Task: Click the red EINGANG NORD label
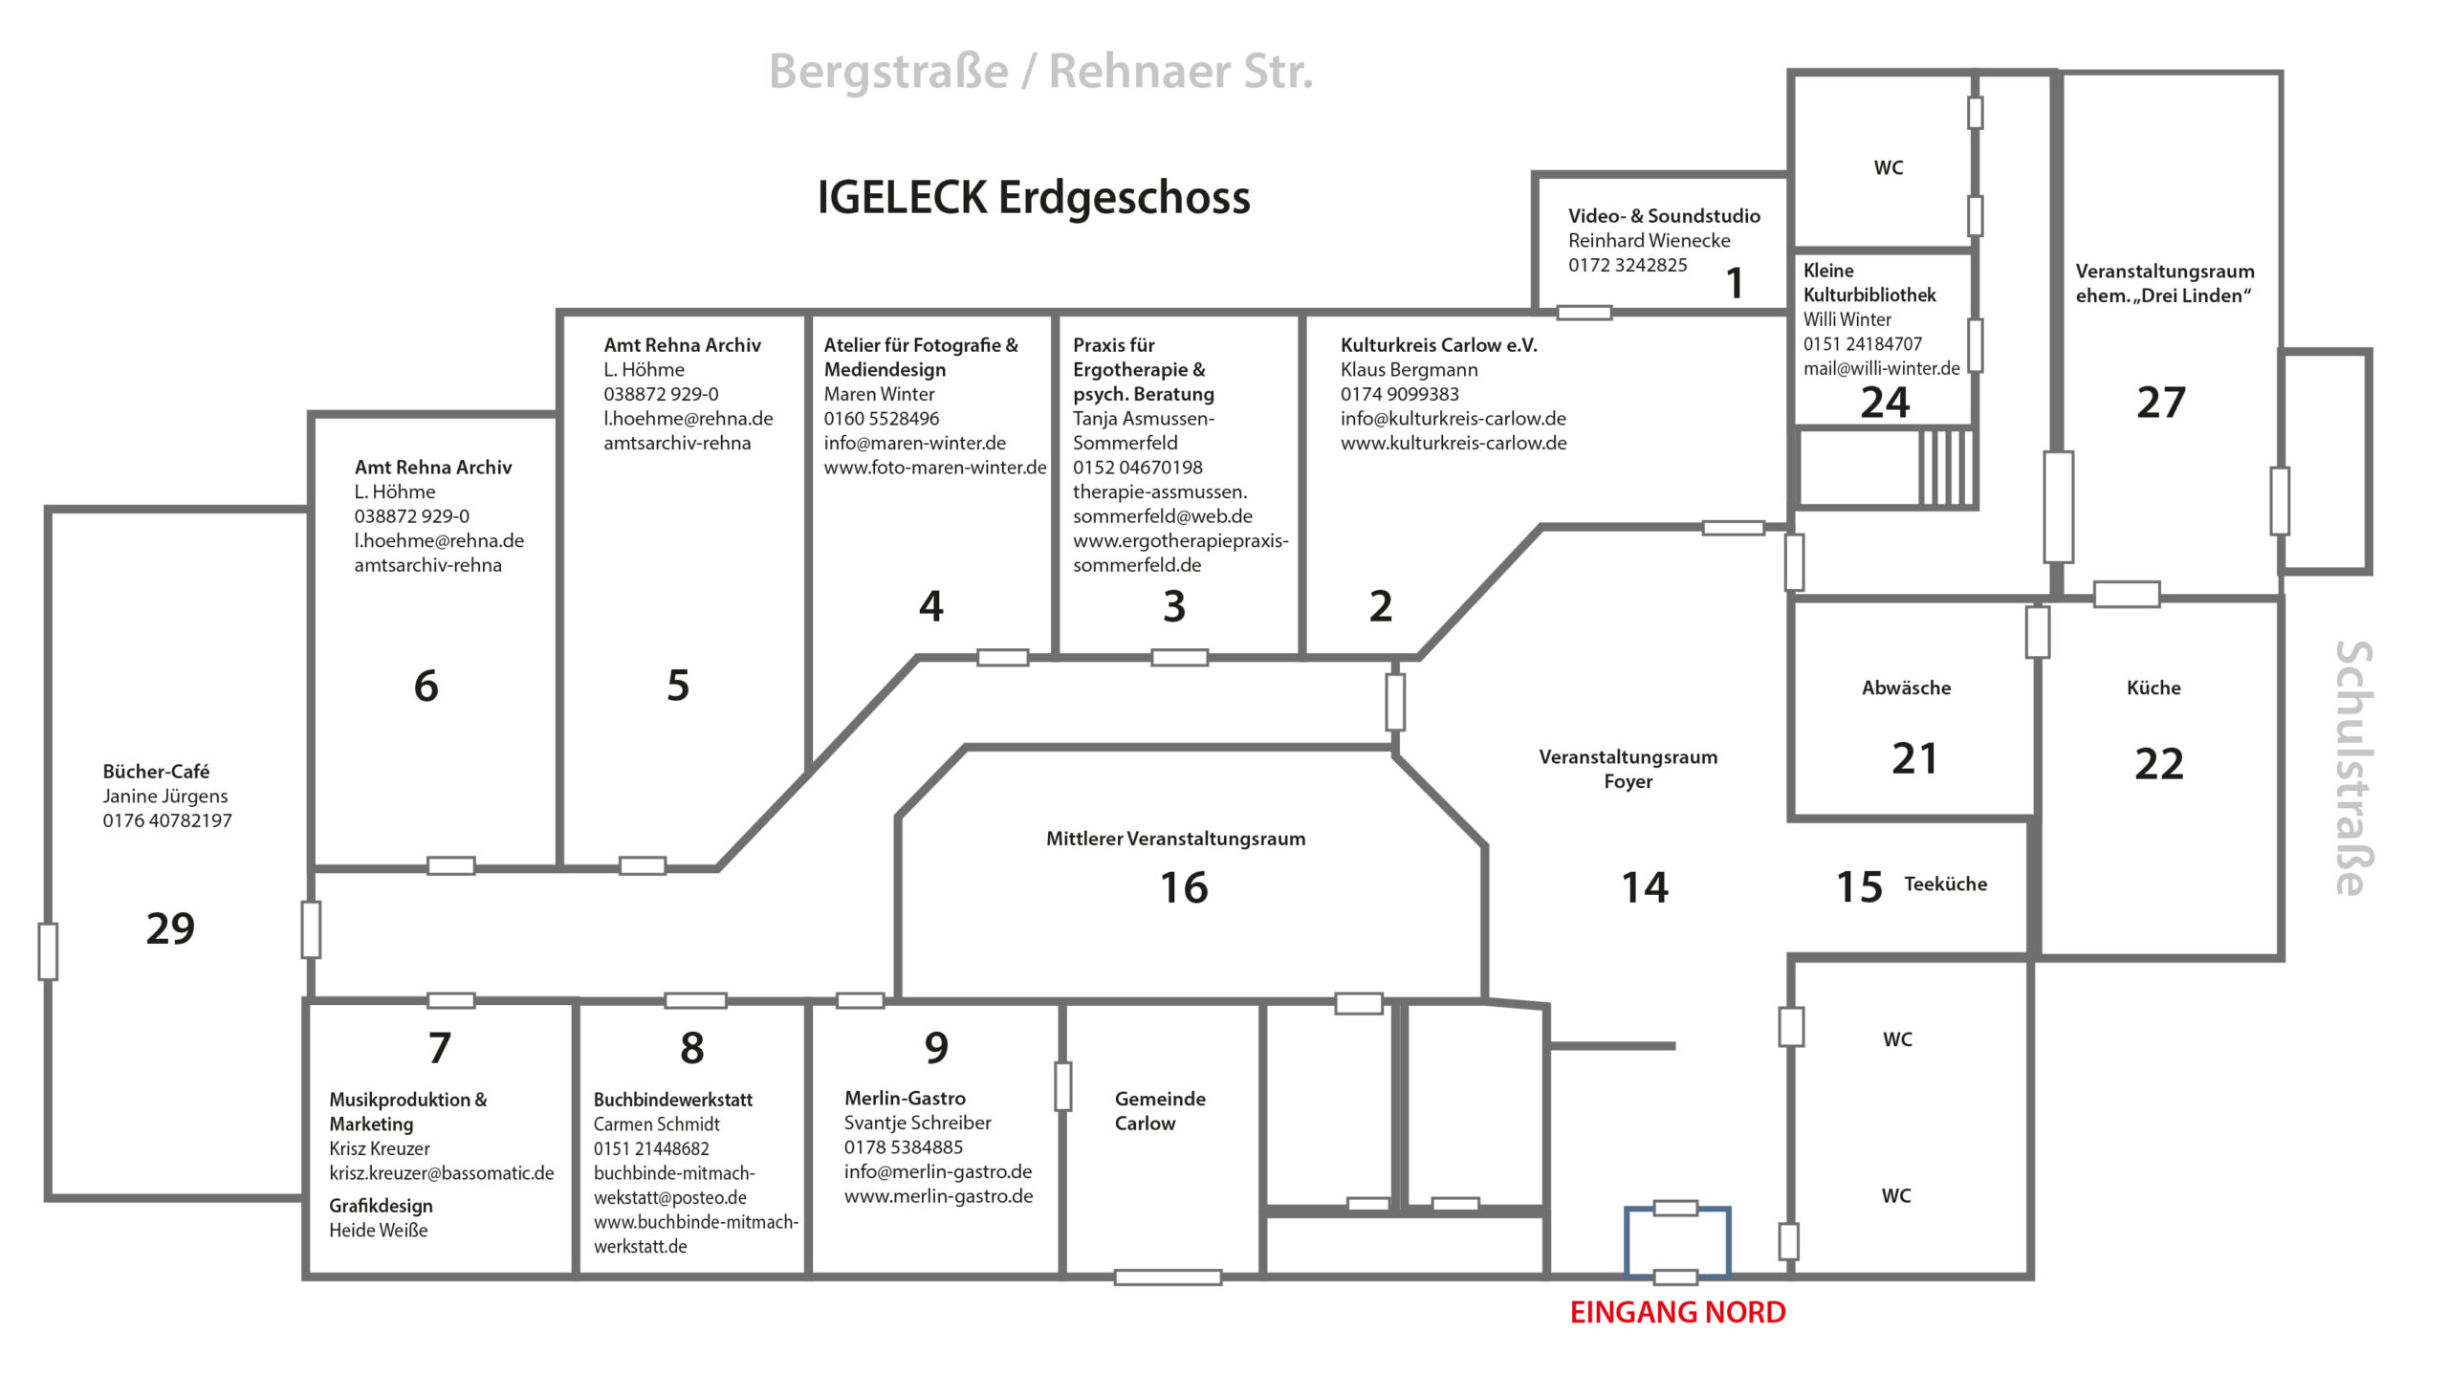click(x=1677, y=1312)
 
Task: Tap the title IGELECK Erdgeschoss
click(x=1033, y=197)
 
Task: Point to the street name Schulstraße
click(x=2352, y=768)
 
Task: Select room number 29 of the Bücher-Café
click(x=170, y=928)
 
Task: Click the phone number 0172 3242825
click(x=1628, y=265)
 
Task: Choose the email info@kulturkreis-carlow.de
click(x=1453, y=418)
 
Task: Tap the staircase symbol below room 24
click(x=1947, y=467)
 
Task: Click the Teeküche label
click(x=1945, y=884)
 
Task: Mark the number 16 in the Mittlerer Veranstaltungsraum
click(x=1184, y=887)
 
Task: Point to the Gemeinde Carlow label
click(x=1160, y=1111)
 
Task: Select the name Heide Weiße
click(x=378, y=1231)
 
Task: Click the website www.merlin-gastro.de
click(x=938, y=1196)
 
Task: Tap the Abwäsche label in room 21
click(x=1906, y=687)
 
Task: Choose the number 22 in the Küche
click(x=2158, y=764)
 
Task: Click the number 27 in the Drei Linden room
click(x=2161, y=403)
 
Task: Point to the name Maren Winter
click(x=879, y=394)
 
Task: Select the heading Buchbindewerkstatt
click(x=672, y=1100)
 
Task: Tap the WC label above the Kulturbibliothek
click(x=1888, y=168)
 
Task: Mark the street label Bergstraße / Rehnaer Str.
click(x=1040, y=71)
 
